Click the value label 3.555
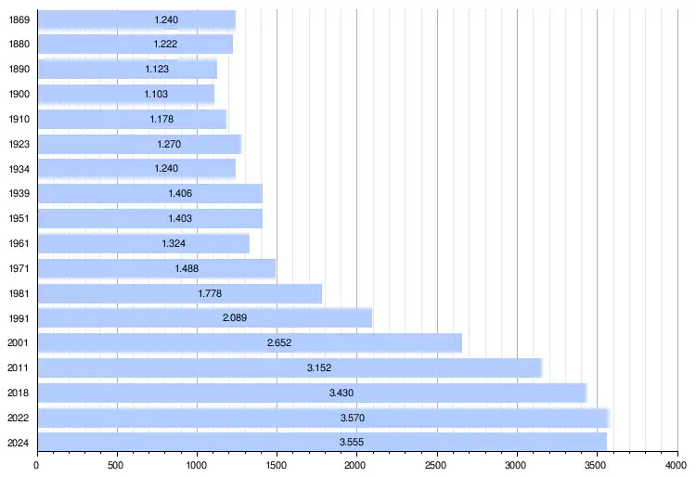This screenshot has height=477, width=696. tap(352, 443)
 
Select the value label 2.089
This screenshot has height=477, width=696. tap(234, 318)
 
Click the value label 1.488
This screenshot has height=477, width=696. tap(187, 268)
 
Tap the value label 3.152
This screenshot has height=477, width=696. tap(319, 367)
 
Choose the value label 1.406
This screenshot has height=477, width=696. tap(180, 193)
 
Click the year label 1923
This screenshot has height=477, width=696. tap(19, 144)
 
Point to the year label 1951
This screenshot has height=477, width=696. tap(19, 218)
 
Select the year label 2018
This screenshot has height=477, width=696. tap(19, 393)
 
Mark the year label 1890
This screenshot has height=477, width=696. tap(19, 69)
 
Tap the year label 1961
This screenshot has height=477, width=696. tap(19, 243)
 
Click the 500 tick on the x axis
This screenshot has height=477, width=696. tap(117, 463)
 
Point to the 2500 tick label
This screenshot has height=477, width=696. tap(437, 463)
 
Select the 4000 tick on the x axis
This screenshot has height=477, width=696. tap(677, 463)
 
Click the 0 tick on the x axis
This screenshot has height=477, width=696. tap(37, 463)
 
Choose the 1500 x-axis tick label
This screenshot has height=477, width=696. tap(277, 463)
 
